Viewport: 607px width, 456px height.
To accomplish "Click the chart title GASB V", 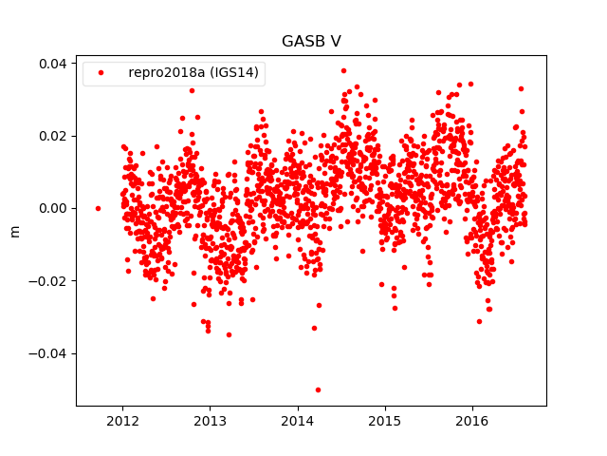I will (x=311, y=42).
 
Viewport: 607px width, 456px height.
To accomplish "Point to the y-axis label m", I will (x=14, y=231).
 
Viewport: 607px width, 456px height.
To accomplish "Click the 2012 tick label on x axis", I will (x=122, y=421).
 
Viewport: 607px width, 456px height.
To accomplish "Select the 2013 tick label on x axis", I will (x=210, y=421).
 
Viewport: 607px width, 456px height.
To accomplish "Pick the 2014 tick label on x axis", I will (x=297, y=421).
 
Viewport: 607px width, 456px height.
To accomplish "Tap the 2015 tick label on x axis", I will (x=384, y=421).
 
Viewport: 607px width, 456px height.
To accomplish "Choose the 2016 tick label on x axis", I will (x=472, y=421).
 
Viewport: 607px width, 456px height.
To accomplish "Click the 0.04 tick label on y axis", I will (x=53, y=63).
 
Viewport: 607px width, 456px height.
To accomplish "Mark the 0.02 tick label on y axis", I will (x=53, y=136).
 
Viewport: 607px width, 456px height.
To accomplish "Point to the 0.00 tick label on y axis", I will (x=53, y=208).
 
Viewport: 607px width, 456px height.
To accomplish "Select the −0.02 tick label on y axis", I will (x=49, y=281).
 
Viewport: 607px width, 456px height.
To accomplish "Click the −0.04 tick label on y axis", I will (x=49, y=353).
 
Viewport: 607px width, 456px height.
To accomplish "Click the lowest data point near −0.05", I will (x=318, y=389).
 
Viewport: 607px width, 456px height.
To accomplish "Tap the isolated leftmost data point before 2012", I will (x=98, y=208).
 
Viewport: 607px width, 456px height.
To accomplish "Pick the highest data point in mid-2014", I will (x=343, y=70).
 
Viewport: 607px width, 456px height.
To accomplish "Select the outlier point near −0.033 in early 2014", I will (x=314, y=328).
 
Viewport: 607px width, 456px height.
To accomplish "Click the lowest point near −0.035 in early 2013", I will (x=229, y=334).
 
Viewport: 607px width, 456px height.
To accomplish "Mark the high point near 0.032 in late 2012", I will (x=192, y=90).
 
